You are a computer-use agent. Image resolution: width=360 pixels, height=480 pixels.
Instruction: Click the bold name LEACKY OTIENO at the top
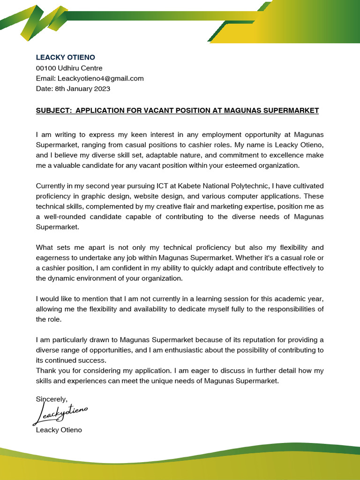pos(66,58)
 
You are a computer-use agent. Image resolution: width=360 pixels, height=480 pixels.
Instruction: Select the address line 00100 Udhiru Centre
pos(69,68)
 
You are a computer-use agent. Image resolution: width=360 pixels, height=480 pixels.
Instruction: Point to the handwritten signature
pos(61,413)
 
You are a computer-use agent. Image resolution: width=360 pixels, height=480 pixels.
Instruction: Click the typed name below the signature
pos(59,430)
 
